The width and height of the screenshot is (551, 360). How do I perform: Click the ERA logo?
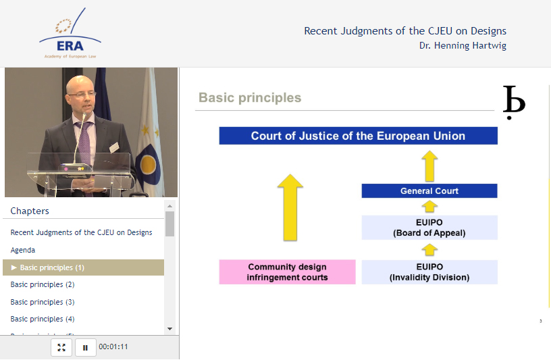[x=70, y=33]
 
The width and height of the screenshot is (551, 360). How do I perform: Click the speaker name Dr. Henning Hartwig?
[x=463, y=46]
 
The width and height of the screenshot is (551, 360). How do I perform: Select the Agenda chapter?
[x=23, y=250]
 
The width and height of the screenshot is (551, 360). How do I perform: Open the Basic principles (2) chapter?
[x=43, y=284]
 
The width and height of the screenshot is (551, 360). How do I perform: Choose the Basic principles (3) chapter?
[x=43, y=302]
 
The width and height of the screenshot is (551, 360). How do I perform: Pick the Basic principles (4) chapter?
[x=43, y=319]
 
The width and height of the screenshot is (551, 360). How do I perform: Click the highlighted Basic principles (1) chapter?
[x=83, y=267]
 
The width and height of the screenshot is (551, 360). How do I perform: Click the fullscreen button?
[x=61, y=347]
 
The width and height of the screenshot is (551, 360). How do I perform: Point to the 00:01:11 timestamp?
[x=113, y=346]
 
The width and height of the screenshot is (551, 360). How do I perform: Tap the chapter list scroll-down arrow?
[x=169, y=329]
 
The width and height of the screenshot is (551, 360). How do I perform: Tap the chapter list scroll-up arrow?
[x=169, y=206]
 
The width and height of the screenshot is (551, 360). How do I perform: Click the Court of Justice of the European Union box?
[x=358, y=136]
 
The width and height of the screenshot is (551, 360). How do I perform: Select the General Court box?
[x=429, y=191]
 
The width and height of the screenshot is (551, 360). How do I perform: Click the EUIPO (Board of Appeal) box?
[x=429, y=228]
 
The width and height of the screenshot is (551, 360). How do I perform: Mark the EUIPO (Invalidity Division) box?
[x=429, y=272]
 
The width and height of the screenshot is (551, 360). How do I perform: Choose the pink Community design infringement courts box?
[x=287, y=272]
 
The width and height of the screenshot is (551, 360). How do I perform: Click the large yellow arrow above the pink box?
[x=290, y=207]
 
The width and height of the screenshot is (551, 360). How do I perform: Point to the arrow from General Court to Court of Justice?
[x=429, y=166]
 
